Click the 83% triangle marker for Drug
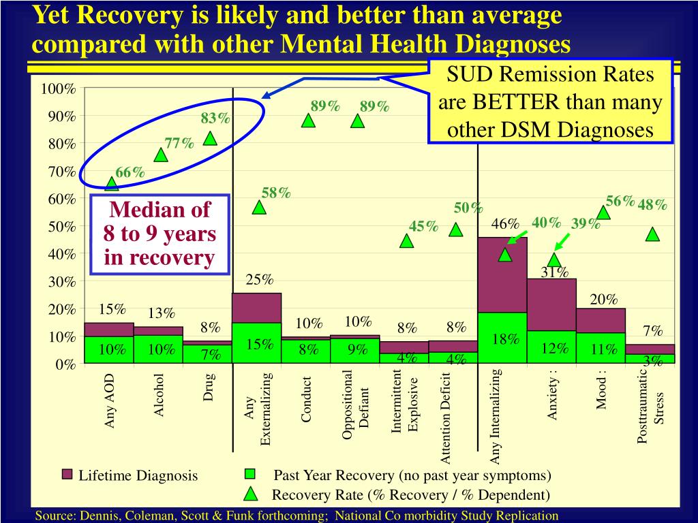pos(210,138)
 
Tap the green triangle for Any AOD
pos(112,184)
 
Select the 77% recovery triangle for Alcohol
pos(161,155)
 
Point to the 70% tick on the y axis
pos(80,172)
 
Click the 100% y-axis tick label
pos(57,89)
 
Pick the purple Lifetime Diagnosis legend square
pos(67,474)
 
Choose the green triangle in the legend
pos(250,494)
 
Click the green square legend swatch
pos(250,474)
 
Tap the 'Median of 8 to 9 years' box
pos(160,234)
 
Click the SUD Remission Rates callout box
pos(550,101)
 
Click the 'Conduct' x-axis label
pos(307,400)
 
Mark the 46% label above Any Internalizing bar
pos(505,224)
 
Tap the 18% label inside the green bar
pos(505,339)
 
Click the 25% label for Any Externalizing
pos(259,280)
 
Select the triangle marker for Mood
pos(603,213)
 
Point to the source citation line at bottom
pos(297,516)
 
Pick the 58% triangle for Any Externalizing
pos(259,207)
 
